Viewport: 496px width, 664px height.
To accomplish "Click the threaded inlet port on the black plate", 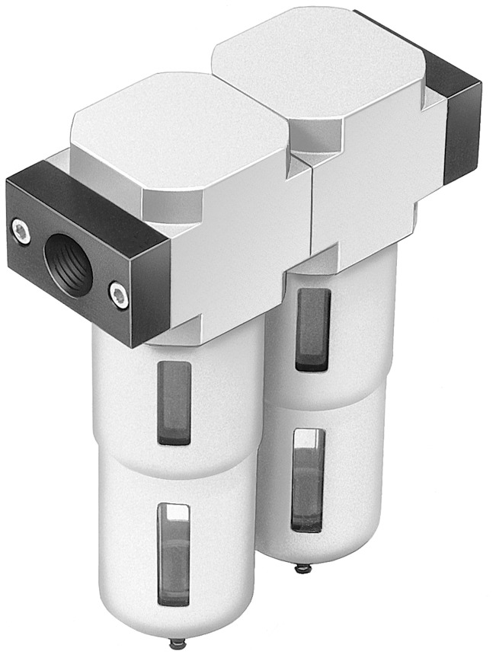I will click(69, 263).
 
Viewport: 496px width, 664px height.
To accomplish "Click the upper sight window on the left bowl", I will click(174, 402).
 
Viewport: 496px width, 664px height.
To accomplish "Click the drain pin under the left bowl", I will click(178, 645).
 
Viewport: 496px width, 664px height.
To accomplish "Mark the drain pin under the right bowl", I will click(302, 567).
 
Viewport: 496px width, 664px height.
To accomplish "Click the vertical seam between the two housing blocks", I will click(311, 213).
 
